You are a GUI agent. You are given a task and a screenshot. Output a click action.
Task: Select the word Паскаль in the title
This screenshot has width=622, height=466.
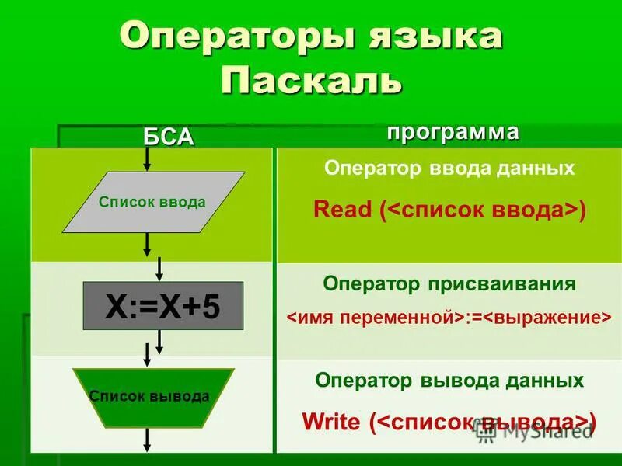(311, 82)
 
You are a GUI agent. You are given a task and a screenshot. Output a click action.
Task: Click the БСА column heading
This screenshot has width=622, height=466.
(168, 136)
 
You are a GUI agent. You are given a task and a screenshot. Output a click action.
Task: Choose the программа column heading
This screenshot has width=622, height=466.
(453, 131)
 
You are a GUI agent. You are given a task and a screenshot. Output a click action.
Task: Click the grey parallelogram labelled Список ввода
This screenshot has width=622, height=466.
(153, 203)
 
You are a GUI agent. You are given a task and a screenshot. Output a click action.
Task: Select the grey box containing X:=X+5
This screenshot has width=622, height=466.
(163, 306)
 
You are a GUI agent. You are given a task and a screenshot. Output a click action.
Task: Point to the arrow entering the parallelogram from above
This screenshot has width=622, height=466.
(147, 160)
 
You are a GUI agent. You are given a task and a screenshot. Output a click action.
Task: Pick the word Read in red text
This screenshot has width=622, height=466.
(342, 210)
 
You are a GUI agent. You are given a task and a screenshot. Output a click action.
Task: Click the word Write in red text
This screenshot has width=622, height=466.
(331, 422)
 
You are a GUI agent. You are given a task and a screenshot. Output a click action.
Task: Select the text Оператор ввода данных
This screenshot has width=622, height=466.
(449, 169)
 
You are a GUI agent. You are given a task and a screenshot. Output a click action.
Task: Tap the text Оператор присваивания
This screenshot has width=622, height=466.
(449, 283)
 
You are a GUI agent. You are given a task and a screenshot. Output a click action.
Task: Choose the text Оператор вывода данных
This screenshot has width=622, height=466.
(449, 381)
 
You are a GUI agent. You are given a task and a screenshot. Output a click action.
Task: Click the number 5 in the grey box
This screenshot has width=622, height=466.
(211, 307)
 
